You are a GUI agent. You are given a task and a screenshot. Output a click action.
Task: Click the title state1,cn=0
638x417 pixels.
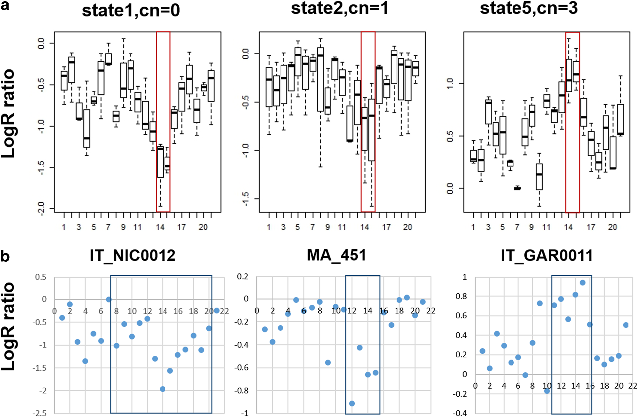tap(131, 11)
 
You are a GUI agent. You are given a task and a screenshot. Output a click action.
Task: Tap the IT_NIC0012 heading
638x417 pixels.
tap(132, 256)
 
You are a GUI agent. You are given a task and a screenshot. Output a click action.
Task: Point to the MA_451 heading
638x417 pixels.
tap(337, 255)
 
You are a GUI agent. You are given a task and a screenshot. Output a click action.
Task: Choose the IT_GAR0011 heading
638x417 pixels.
tap(546, 256)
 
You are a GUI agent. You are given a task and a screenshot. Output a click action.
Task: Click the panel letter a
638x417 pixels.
tap(5, 5)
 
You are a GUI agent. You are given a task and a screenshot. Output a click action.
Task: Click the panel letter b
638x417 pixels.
tap(5, 256)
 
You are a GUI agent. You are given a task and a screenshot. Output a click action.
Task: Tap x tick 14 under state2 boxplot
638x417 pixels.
tap(364, 227)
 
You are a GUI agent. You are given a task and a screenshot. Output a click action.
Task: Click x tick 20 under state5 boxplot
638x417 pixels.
tap(612, 227)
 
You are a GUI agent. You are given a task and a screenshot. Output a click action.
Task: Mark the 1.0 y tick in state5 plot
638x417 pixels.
tap(450, 84)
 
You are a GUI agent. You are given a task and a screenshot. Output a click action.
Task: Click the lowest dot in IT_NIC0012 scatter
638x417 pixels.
tap(162, 389)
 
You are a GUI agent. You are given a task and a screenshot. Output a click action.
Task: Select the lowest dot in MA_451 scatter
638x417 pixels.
tap(352, 404)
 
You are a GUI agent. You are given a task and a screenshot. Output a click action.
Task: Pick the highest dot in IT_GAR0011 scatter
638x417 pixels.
tap(582, 283)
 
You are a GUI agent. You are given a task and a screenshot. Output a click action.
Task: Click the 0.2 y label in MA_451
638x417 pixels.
tap(243, 277)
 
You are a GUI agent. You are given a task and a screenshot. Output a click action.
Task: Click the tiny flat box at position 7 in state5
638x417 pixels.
tap(517, 188)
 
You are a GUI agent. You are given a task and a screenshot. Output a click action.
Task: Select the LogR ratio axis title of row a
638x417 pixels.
tap(8, 113)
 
